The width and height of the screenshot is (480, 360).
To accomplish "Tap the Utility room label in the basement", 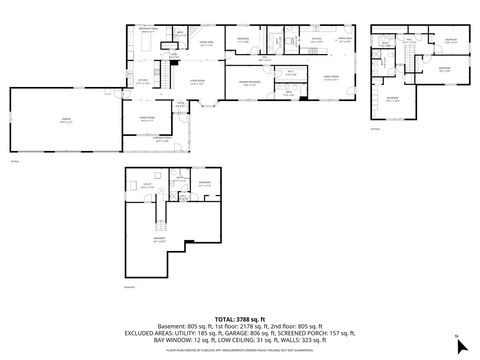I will tap(146, 185).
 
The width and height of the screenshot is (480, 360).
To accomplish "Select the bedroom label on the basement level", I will tap(204, 183).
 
